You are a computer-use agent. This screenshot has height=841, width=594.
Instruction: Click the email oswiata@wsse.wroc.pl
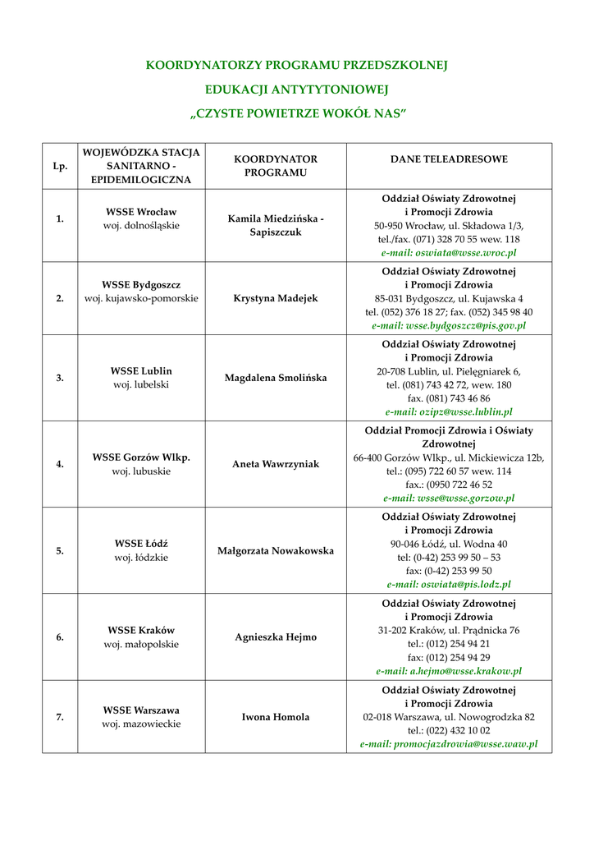(449, 253)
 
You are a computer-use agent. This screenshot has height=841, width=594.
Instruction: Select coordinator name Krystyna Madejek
(276, 298)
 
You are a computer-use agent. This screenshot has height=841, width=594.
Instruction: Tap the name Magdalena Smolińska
(276, 378)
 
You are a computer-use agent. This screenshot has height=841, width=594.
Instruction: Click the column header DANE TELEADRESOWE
(449, 159)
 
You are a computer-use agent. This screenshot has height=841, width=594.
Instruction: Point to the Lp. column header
(60, 166)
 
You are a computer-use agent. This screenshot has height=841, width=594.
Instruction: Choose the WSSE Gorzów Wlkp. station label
(141, 457)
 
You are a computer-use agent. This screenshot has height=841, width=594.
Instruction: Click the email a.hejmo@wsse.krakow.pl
(449, 670)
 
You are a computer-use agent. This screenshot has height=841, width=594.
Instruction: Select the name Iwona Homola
(276, 717)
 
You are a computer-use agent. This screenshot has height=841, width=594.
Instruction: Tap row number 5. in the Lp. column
(60, 551)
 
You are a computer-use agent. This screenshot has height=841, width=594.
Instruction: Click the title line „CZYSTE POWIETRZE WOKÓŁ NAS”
(297, 113)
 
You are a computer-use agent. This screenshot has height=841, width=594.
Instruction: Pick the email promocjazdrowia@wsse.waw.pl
(449, 743)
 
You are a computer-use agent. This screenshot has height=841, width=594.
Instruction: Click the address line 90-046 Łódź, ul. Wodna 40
(449, 544)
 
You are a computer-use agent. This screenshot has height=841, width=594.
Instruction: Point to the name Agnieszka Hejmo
(276, 636)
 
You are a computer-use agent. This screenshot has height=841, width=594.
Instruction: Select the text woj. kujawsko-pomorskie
(141, 298)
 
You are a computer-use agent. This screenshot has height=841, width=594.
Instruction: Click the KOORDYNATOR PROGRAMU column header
(276, 166)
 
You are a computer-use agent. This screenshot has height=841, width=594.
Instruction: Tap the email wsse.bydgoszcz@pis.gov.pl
(449, 325)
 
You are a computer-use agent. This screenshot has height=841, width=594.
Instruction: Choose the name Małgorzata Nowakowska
(276, 550)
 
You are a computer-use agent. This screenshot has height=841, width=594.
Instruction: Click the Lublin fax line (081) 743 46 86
(449, 398)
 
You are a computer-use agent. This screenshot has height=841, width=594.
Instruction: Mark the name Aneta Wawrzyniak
(276, 464)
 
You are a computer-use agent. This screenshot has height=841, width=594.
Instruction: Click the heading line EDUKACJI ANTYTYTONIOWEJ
(297, 89)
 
